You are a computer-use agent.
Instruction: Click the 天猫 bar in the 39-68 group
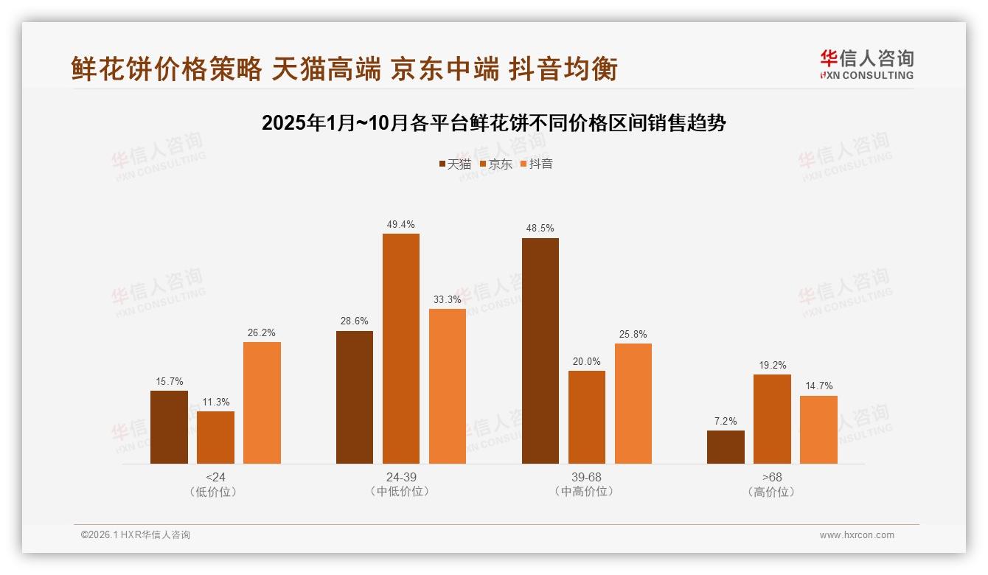540,351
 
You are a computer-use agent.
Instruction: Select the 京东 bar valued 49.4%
400,349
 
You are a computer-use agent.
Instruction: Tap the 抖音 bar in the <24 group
262,402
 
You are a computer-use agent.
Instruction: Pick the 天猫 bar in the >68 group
726,447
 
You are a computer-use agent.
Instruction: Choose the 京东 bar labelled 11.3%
215,437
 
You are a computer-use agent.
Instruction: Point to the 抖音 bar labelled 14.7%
818,430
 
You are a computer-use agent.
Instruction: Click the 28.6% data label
355,321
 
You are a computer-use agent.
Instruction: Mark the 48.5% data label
540,229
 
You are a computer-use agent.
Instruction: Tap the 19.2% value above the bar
772,365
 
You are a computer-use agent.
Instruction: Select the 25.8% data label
633,335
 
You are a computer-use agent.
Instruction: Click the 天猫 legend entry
455,164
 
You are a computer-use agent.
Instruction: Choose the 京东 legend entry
496,164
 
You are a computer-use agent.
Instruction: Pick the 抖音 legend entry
537,164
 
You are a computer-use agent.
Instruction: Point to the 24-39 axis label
400,477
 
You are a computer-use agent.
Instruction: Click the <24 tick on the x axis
215,477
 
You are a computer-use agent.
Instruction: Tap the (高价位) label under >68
772,492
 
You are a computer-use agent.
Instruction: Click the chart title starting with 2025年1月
494,123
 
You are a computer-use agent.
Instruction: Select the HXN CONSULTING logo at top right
866,64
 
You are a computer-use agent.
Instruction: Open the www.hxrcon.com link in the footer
857,535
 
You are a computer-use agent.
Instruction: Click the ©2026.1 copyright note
135,535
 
